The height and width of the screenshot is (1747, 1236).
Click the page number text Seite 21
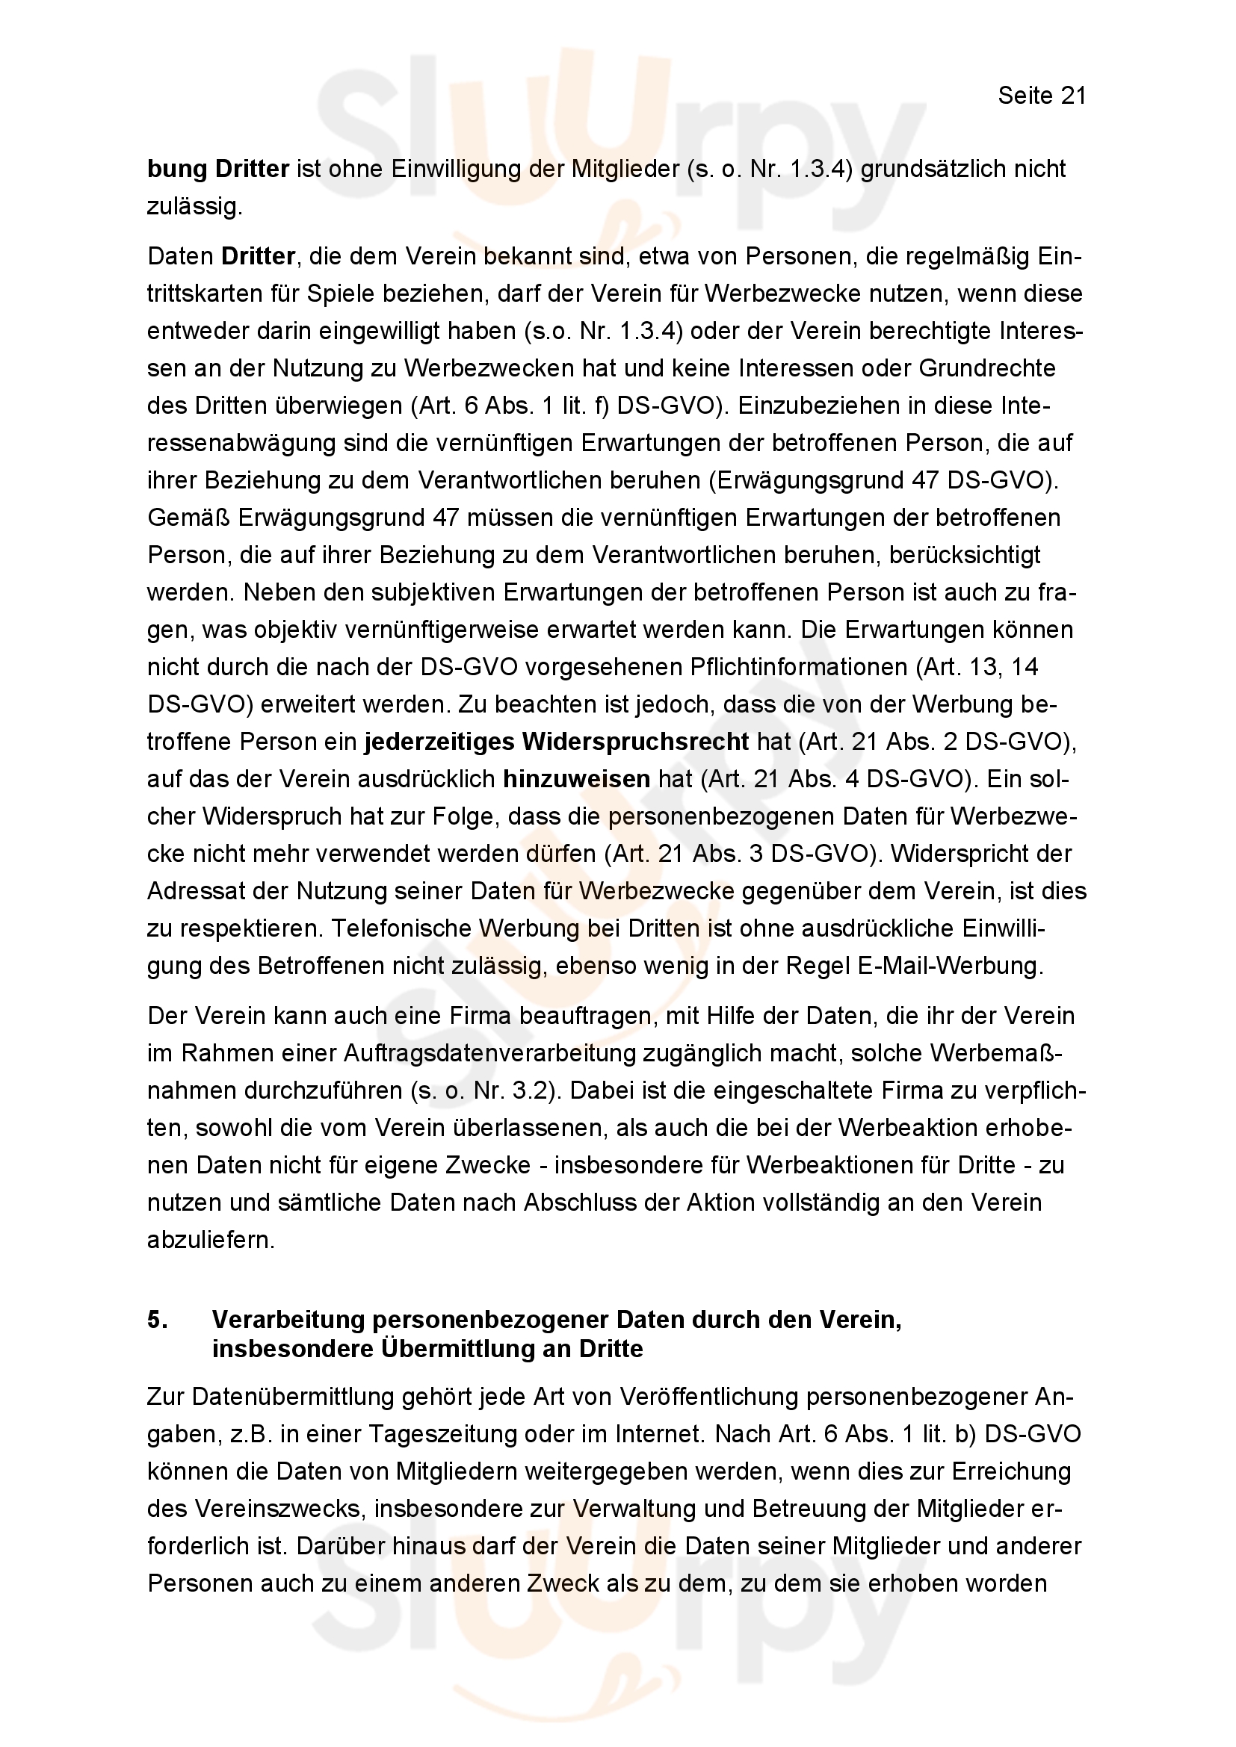pos(1041,96)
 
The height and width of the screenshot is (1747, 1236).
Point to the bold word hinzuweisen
pos(576,778)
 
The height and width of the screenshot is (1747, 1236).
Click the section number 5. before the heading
pos(158,1319)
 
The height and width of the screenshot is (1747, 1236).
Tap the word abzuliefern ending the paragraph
pos(211,1241)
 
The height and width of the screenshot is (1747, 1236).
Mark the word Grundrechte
pos(987,368)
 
